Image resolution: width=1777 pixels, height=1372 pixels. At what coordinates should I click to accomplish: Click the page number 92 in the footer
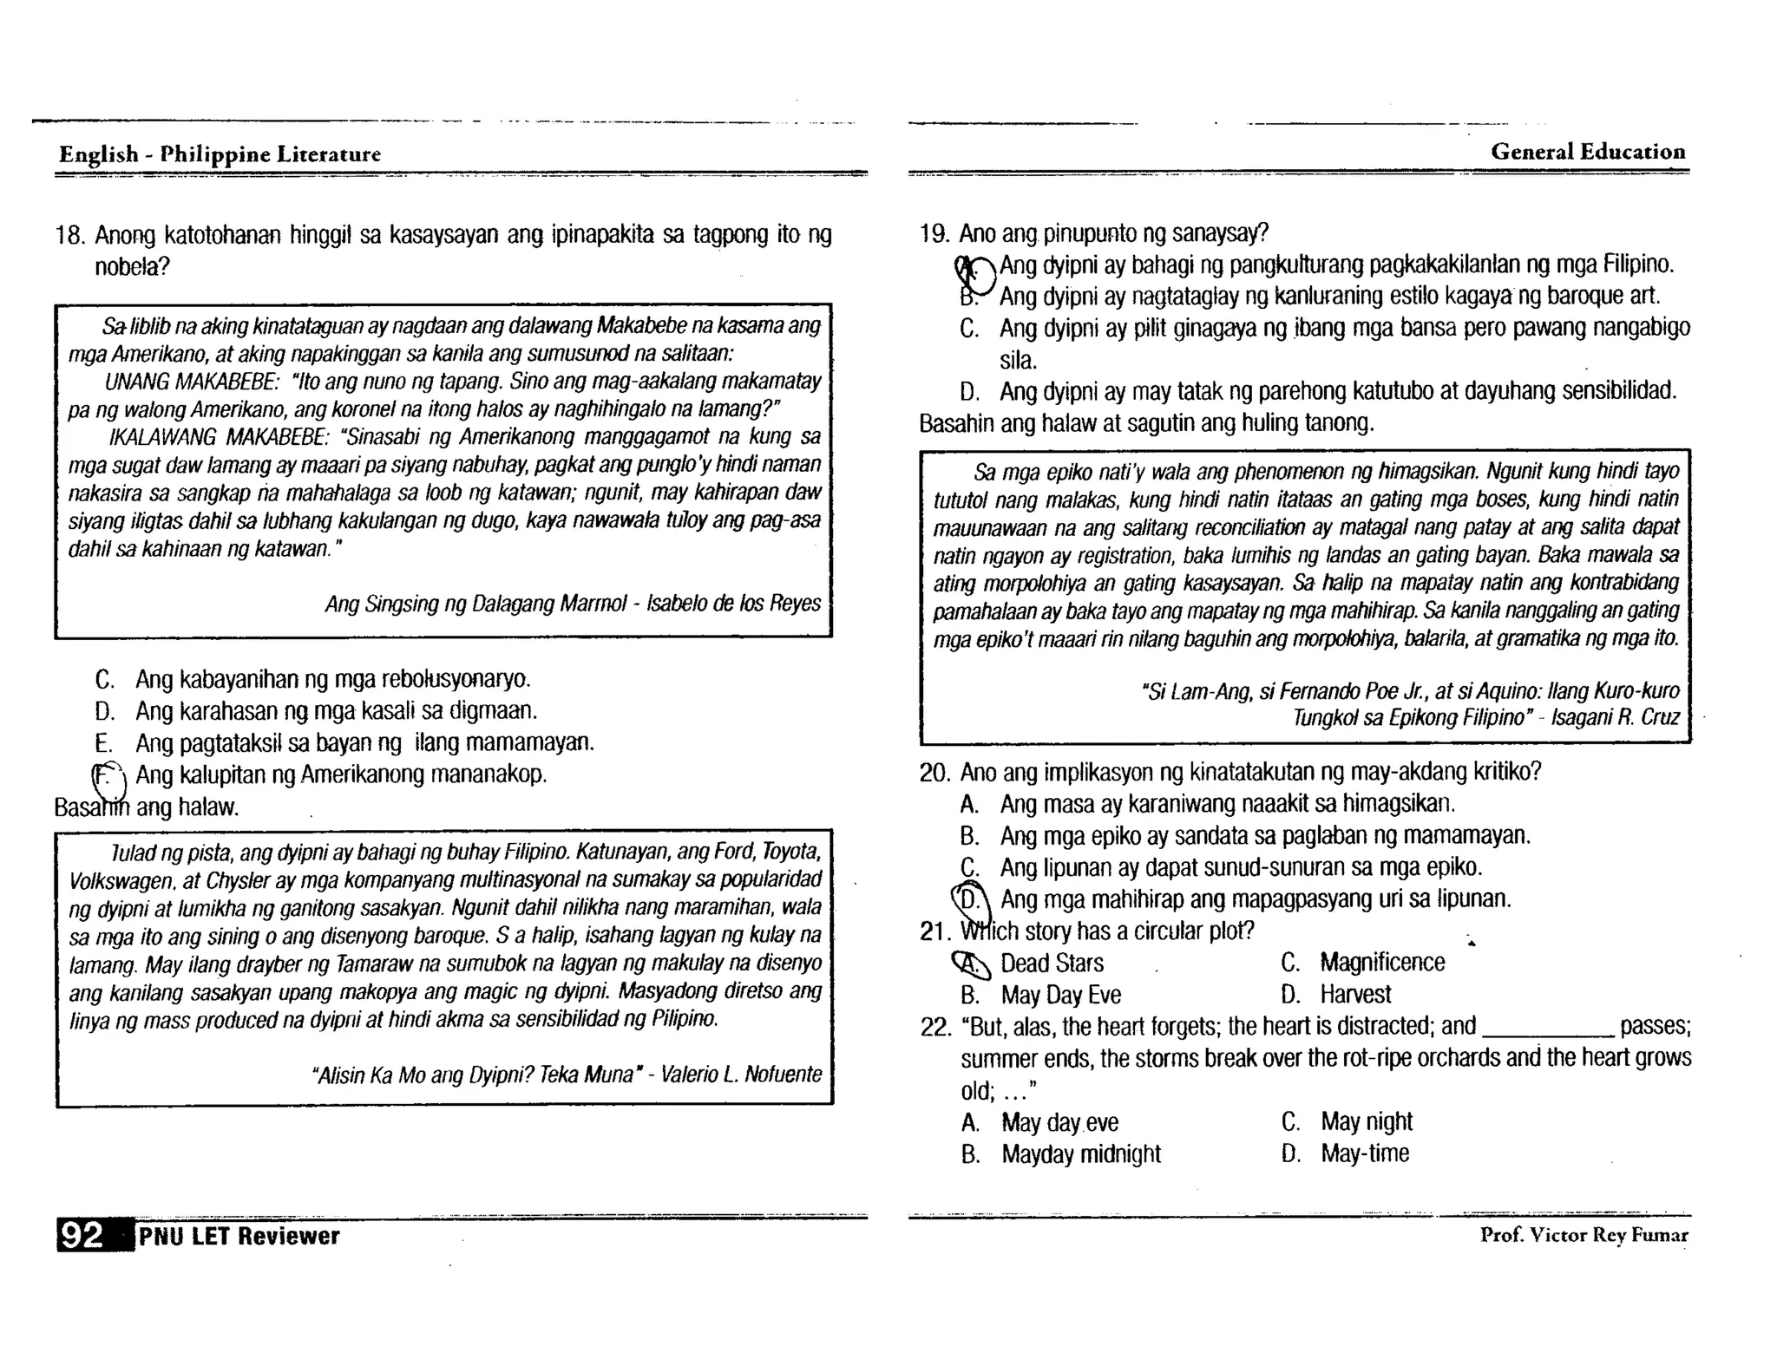[81, 1235]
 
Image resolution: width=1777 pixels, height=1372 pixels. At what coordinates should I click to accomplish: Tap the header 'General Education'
[1588, 152]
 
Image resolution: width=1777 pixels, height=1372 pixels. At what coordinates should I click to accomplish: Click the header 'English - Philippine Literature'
[220, 154]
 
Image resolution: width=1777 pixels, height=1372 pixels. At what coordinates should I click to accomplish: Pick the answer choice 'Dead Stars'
[1052, 963]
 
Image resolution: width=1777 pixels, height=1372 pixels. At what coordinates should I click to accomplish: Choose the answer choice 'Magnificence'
[1381, 962]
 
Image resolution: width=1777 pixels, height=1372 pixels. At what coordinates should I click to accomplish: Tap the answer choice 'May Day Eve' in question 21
[1060, 995]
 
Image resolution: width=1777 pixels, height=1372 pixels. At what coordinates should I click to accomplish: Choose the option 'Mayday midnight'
[1080, 1154]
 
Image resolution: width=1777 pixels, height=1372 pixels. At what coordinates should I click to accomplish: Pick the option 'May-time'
[1364, 1153]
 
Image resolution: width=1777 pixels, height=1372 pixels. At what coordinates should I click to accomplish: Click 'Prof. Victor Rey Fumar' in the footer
[1584, 1235]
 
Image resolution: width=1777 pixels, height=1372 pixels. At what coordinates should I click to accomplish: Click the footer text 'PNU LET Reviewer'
[239, 1236]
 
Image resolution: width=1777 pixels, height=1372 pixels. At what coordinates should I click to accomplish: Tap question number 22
[935, 1027]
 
